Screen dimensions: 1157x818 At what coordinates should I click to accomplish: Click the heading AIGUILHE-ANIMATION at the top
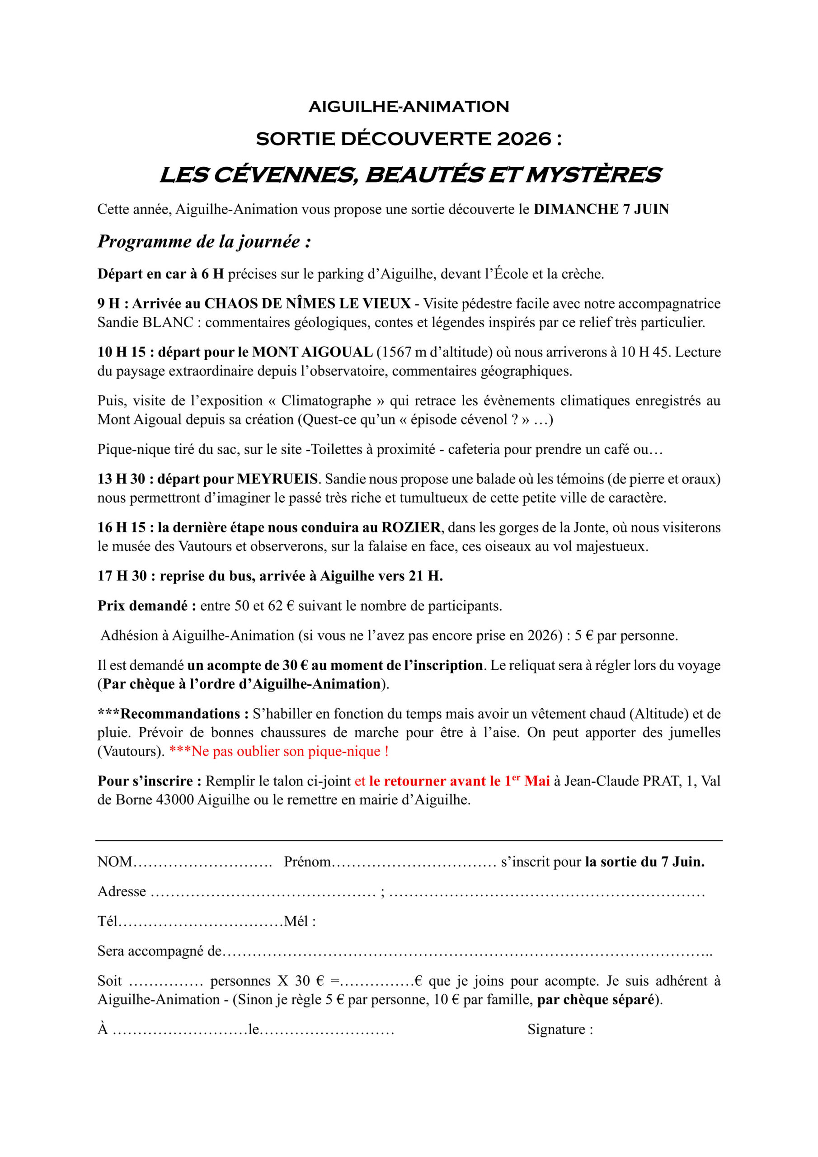coord(409,107)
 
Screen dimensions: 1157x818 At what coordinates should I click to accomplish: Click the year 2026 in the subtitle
coord(524,139)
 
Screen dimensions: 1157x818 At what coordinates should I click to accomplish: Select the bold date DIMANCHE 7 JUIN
coord(601,209)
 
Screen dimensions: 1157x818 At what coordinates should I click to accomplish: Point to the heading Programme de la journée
coord(204,242)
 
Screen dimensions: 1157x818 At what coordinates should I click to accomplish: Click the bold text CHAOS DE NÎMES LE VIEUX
coord(307,303)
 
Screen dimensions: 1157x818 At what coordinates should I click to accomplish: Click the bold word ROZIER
coord(411,527)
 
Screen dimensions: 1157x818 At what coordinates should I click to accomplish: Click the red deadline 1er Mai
coord(527,781)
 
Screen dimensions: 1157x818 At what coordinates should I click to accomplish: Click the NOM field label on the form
coord(115,862)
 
